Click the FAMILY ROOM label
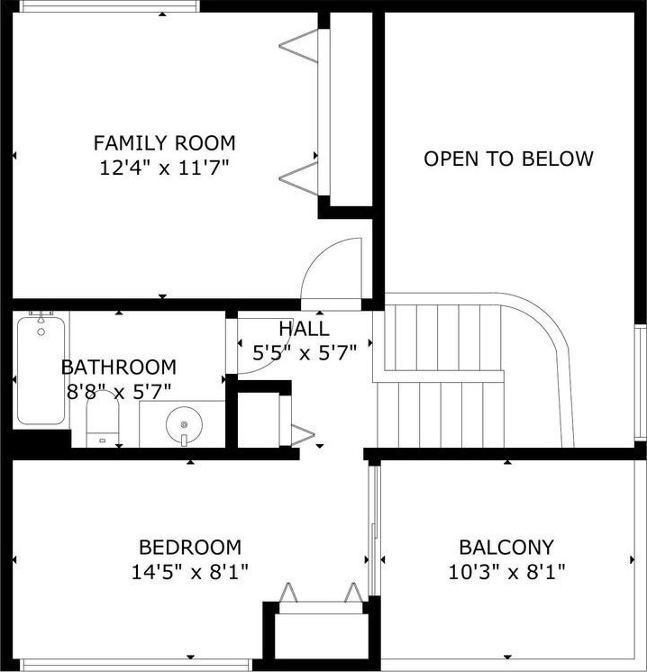(165, 143)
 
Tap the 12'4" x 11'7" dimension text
(165, 168)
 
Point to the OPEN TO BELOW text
(508, 159)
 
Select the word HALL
(304, 329)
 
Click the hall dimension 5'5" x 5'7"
(305, 354)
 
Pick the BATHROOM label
(119, 368)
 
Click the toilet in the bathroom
(103, 419)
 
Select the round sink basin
(184, 424)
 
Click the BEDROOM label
(190, 548)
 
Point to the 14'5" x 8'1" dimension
(190, 572)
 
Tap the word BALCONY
(506, 548)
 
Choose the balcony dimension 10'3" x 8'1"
(506, 572)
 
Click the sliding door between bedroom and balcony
(374, 531)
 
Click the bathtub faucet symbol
(41, 316)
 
